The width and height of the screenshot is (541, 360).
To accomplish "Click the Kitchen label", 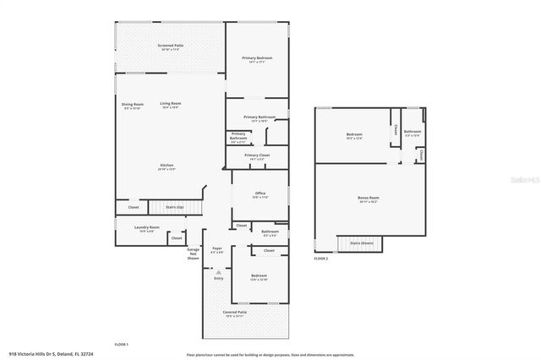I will pos(167,166).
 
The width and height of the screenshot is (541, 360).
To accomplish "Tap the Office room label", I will pos(260,195).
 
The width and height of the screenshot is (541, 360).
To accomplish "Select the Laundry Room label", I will pos(147,228).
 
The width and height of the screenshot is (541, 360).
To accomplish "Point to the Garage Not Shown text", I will pos(194,254).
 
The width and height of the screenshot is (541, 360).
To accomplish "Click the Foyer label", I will pos(216,250).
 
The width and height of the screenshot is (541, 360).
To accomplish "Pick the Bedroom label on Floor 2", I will pos(353,136).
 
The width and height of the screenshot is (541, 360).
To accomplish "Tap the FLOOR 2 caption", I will pos(320,259).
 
